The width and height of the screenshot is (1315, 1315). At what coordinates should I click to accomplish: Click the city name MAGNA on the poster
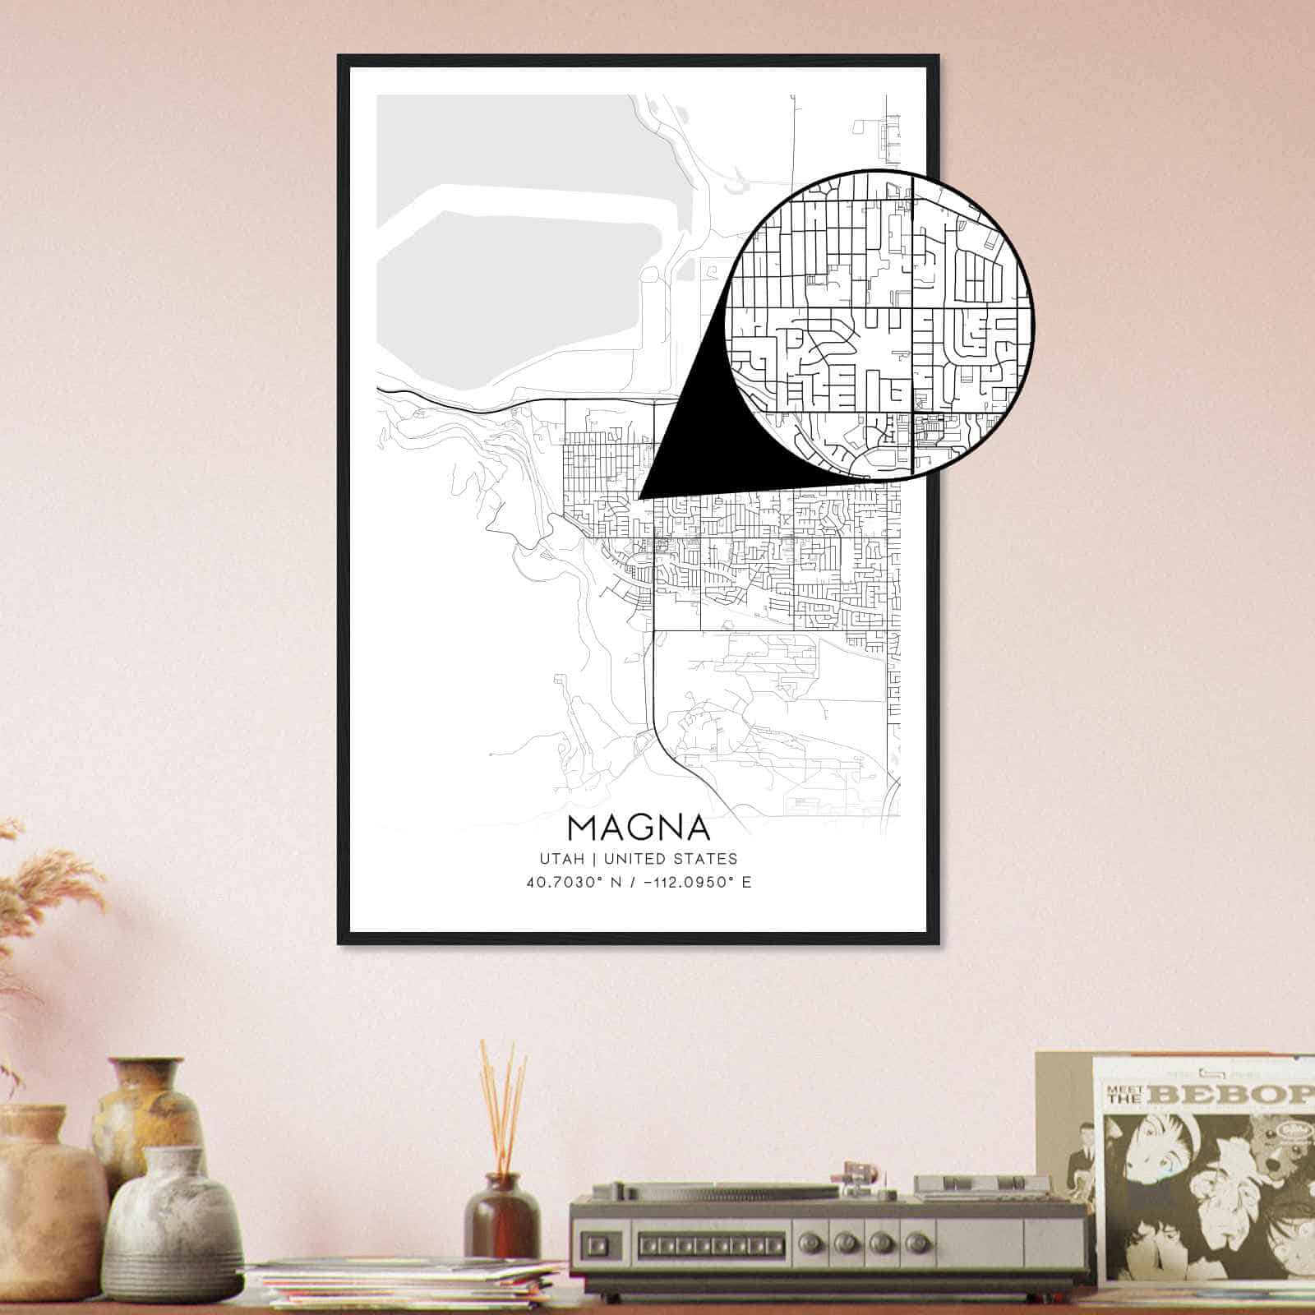point(638,828)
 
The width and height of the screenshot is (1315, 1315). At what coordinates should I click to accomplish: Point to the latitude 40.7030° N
point(575,884)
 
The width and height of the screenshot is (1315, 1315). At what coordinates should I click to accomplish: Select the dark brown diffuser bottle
point(501,1216)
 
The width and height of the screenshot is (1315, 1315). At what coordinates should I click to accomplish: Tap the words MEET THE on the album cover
point(1125,1095)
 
